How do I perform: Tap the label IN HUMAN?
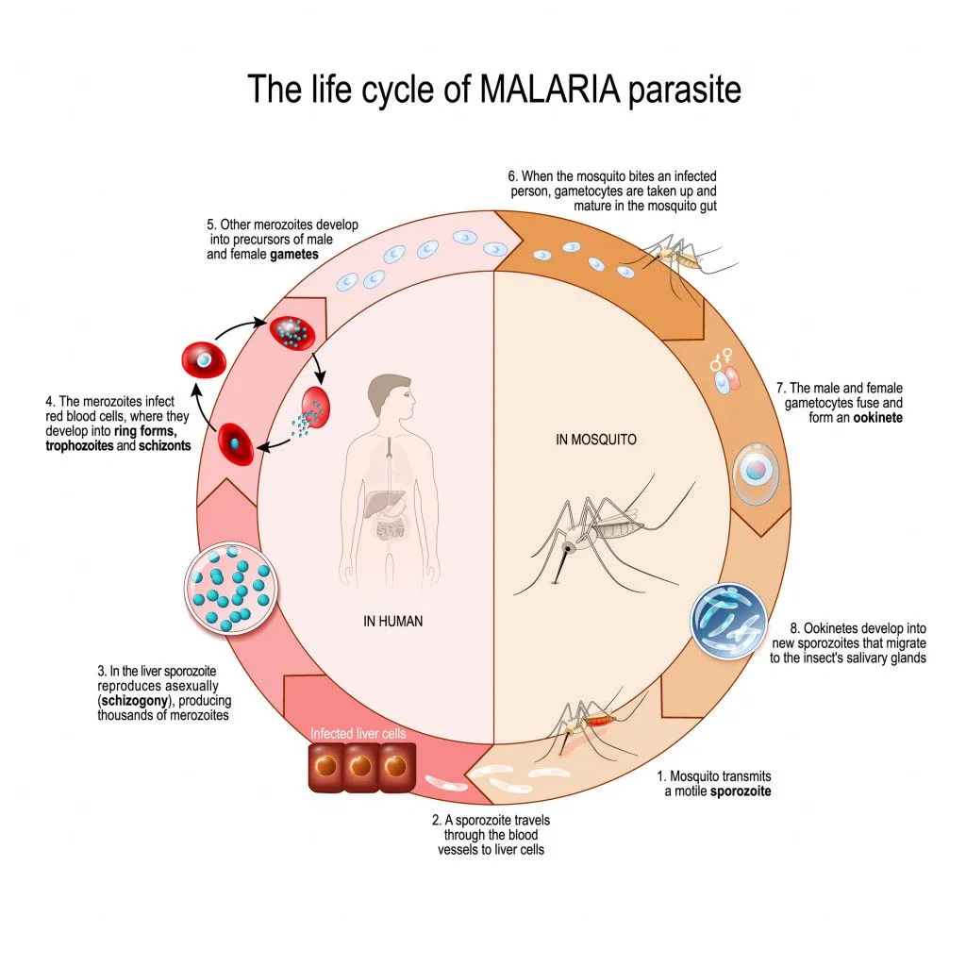[x=392, y=621]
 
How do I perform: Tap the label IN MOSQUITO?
[x=596, y=440]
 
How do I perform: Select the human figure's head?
[x=389, y=400]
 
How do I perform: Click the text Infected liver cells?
[x=358, y=732]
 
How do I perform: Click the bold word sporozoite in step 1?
[x=741, y=791]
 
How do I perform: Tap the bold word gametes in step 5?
[x=292, y=255]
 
